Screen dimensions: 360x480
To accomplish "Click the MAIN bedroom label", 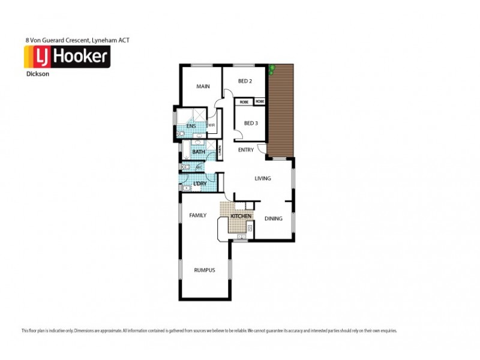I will pyautogui.click(x=203, y=86).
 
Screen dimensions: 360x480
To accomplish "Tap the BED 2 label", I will pyautogui.click(x=244, y=81).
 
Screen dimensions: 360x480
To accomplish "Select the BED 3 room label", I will pyautogui.click(x=251, y=123).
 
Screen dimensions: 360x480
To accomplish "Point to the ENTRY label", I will pyautogui.click(x=246, y=150).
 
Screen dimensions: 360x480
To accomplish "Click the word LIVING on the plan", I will pyautogui.click(x=263, y=178).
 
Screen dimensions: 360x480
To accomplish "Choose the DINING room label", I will pyautogui.click(x=273, y=218).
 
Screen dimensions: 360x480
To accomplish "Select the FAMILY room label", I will pyautogui.click(x=198, y=215).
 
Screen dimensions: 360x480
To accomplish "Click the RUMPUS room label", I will pyautogui.click(x=204, y=270).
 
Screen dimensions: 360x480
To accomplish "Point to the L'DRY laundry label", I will pyautogui.click(x=200, y=183).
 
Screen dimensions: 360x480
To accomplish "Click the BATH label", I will pyautogui.click(x=199, y=152).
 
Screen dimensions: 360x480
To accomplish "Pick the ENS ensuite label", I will pyautogui.click(x=190, y=127).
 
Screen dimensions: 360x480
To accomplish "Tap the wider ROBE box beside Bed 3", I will pyautogui.click(x=244, y=102).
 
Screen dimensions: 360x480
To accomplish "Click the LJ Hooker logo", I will pyautogui.click(x=66, y=57).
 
